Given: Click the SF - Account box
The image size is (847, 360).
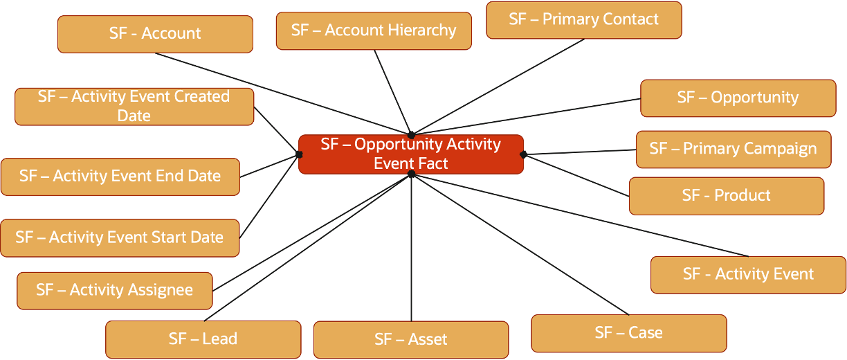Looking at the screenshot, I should point(155,34).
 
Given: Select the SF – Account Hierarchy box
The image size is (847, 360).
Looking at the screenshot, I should point(374,30).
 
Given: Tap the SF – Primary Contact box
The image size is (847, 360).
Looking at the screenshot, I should point(583,19).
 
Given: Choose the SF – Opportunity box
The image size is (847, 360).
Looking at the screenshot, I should point(738,98).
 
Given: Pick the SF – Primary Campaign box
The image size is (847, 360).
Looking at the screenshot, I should point(733,149).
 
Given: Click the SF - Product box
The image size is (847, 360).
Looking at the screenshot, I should point(726,196).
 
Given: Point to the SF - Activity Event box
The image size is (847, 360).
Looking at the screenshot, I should point(748,274).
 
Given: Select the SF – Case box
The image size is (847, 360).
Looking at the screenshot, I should point(628,333).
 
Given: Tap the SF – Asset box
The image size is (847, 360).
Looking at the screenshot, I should point(410,339).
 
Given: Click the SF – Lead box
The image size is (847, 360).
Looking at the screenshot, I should point(203,339).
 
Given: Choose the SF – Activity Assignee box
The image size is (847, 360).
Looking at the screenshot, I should point(114,290).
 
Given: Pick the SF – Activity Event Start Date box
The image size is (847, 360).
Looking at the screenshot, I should point(120,238).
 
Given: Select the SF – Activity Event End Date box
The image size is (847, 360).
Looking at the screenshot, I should point(120,177).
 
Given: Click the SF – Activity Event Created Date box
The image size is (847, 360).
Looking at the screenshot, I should point(134,106).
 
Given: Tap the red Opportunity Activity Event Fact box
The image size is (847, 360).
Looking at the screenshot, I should point(411,154).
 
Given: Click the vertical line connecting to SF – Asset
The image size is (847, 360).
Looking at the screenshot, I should point(412,249).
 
